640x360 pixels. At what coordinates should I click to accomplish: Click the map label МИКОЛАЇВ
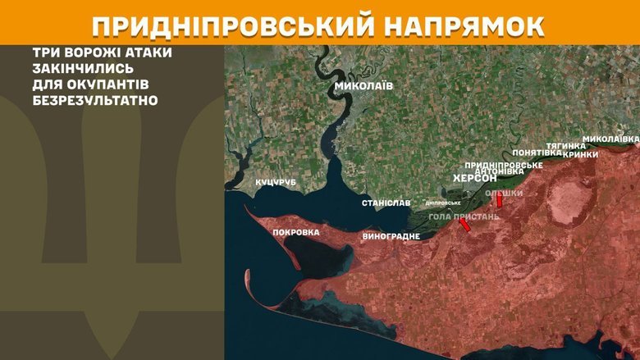363,86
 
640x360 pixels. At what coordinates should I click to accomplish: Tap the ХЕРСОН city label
475,178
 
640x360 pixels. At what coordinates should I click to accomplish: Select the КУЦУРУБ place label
275,181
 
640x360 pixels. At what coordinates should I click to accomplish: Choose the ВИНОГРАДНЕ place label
391,236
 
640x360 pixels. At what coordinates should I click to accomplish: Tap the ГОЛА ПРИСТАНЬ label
464,216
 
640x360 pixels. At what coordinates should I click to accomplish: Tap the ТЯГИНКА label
565,146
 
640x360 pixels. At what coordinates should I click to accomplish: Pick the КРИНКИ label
581,154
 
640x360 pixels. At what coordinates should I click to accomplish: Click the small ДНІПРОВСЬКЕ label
442,203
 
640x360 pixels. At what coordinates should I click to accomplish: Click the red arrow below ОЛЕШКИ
499,200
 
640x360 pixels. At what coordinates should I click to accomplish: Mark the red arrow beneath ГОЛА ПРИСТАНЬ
464,225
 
